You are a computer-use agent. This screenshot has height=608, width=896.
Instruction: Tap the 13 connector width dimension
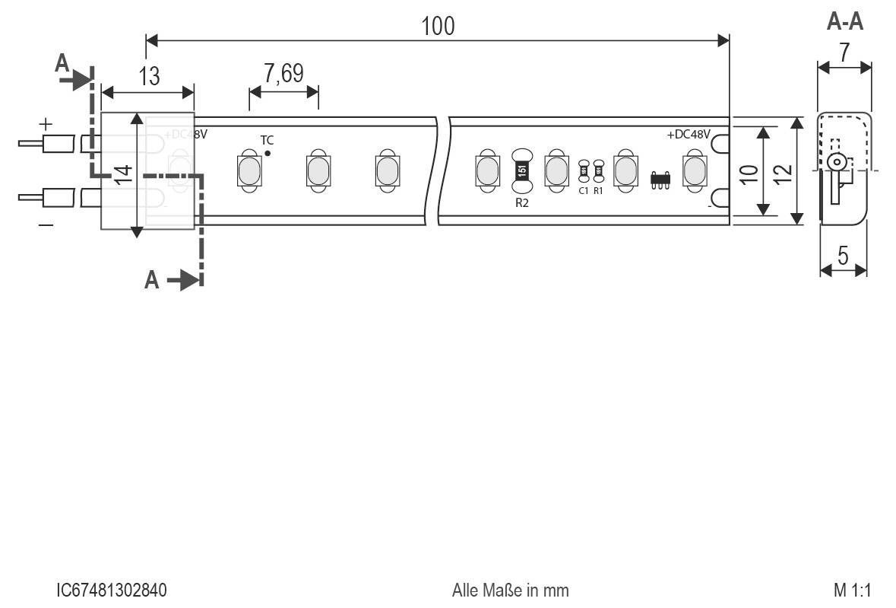pyautogui.click(x=150, y=76)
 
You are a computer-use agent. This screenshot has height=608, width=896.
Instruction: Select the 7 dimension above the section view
pyautogui.click(x=844, y=52)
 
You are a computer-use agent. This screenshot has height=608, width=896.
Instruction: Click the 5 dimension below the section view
pyautogui.click(x=844, y=256)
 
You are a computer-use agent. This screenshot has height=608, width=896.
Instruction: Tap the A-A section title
pyautogui.click(x=844, y=22)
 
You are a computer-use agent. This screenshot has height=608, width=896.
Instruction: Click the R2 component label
pyautogui.click(x=521, y=202)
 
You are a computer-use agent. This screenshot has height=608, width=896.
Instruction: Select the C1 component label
pyautogui.click(x=584, y=190)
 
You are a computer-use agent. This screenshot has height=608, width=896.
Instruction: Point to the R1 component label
pyautogui.click(x=598, y=190)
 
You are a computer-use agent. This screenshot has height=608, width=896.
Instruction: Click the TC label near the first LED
pyautogui.click(x=268, y=140)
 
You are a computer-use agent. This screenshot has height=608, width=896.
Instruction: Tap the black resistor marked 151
pyautogui.click(x=521, y=170)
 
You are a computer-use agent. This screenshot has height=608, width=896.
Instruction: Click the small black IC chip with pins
pyautogui.click(x=660, y=180)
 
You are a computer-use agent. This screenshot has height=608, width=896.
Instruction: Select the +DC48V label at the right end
pyautogui.click(x=689, y=135)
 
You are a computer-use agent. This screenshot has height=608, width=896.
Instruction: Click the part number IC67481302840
pyautogui.click(x=112, y=590)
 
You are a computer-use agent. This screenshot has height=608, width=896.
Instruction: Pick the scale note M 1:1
pyautogui.click(x=851, y=590)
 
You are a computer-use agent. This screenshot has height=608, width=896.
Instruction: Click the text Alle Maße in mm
pyautogui.click(x=509, y=590)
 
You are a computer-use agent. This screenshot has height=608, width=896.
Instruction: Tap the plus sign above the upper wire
pyautogui.click(x=46, y=123)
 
